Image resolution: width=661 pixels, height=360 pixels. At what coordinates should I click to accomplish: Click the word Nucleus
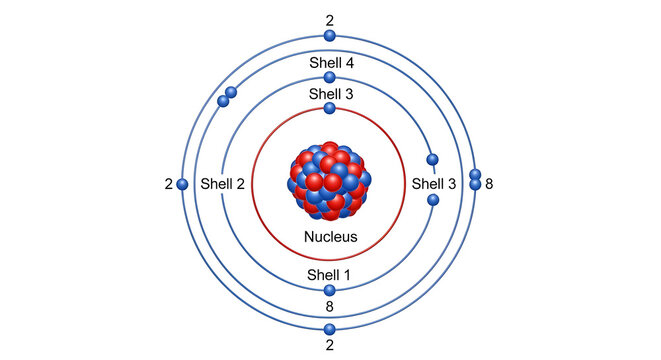(330, 237)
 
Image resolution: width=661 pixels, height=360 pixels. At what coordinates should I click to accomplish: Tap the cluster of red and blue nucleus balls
(330, 181)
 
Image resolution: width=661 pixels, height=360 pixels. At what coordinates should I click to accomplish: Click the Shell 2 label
(222, 184)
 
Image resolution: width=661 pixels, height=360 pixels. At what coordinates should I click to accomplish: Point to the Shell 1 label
(330, 275)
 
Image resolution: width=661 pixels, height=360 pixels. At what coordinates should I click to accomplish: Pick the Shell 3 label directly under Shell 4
(330, 95)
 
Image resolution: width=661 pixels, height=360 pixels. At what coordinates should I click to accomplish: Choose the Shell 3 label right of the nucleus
(434, 184)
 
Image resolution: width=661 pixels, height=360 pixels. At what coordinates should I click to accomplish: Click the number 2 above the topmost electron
(330, 19)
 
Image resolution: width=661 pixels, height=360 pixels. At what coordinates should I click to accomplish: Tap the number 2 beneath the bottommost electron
(330, 346)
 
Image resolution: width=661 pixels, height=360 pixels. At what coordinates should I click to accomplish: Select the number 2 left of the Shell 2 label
(169, 184)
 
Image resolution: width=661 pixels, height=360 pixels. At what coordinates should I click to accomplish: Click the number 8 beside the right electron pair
(489, 184)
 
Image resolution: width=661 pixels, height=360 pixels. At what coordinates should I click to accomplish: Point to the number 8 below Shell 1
(330, 307)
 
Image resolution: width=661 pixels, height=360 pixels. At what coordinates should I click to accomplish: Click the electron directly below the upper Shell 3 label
(330, 107)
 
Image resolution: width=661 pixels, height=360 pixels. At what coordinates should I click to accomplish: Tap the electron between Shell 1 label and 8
(330, 291)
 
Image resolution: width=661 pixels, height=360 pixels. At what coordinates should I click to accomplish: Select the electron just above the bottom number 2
(330, 329)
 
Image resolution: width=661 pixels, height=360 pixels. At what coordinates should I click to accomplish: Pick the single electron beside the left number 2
(183, 184)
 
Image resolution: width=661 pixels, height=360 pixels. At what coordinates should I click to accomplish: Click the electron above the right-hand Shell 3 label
(433, 160)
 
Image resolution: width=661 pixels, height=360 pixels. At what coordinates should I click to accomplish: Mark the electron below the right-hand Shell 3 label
(433, 201)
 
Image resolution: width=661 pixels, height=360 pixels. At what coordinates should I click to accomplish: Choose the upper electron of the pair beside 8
(475, 175)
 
